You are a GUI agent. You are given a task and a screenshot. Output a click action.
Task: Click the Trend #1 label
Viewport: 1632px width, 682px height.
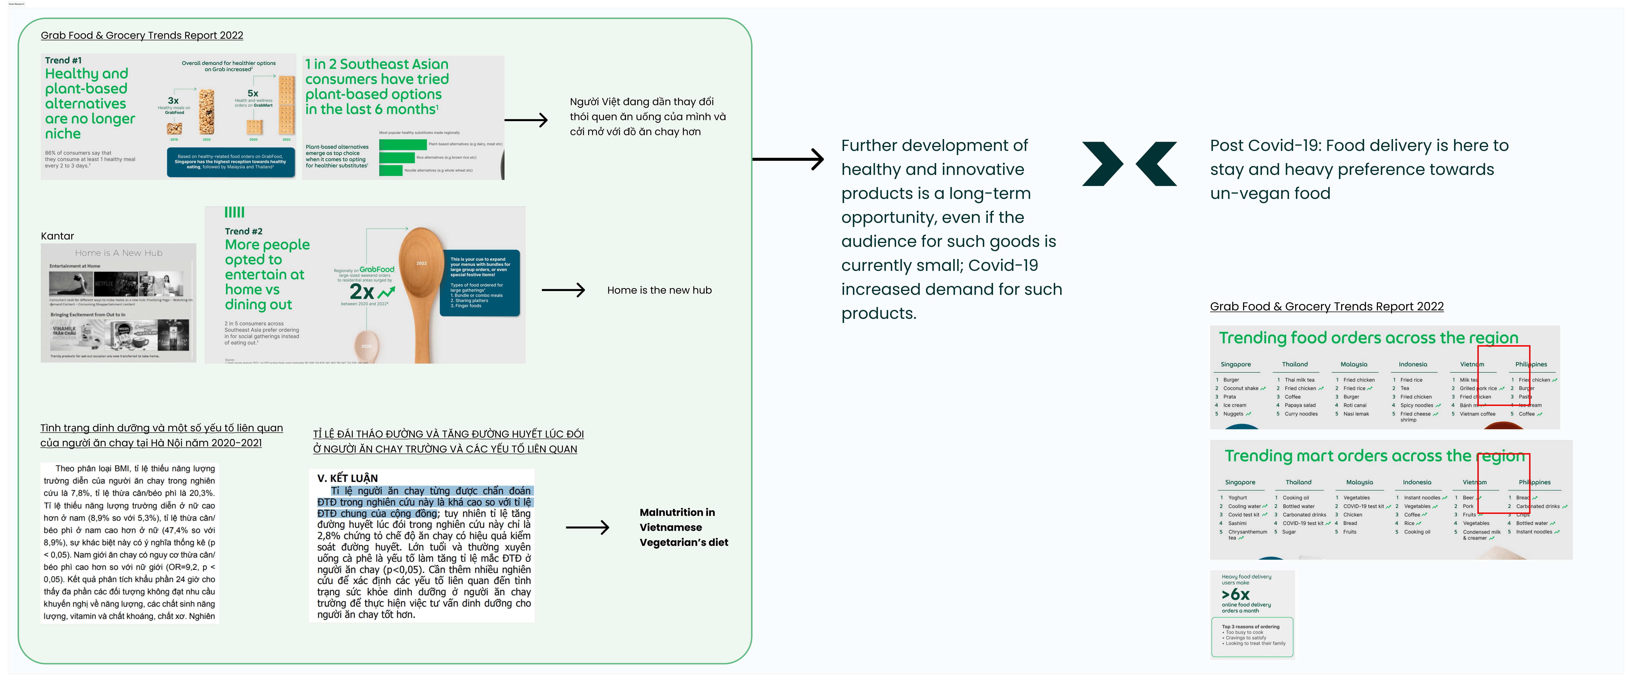[x=63, y=60]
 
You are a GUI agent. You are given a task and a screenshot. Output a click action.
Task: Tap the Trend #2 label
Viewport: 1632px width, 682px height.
[x=243, y=231]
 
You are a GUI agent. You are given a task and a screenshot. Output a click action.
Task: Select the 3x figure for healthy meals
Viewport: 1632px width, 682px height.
[x=173, y=101]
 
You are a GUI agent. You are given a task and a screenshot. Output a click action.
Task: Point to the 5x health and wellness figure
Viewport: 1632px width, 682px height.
[x=253, y=93]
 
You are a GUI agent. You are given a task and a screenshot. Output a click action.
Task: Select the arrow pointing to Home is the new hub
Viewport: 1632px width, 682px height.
[x=563, y=290]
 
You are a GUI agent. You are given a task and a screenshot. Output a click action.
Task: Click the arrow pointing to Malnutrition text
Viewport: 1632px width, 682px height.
[x=587, y=527]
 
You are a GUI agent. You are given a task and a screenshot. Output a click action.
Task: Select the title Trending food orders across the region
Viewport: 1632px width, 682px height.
[x=1368, y=338]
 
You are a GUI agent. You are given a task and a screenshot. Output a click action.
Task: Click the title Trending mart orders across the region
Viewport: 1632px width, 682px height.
[x=1375, y=456]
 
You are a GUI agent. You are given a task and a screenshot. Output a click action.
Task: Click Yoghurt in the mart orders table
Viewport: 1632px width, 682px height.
[x=1237, y=498]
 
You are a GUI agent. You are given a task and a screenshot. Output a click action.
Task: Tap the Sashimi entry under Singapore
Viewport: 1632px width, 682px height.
[x=1237, y=523]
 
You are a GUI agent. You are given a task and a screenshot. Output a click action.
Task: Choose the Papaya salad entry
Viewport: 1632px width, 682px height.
[x=1300, y=405]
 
